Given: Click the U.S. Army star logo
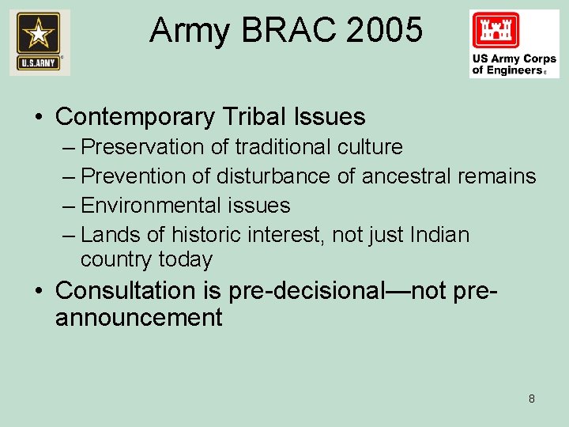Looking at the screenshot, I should click(40, 43).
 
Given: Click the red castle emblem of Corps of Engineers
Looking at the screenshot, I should click(496, 31).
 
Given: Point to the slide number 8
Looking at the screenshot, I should click(531, 399).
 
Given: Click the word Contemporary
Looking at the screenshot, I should click(135, 117).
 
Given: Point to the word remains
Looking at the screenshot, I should click(497, 176).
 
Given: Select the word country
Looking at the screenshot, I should click(116, 259).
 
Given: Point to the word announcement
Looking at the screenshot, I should click(138, 318).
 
